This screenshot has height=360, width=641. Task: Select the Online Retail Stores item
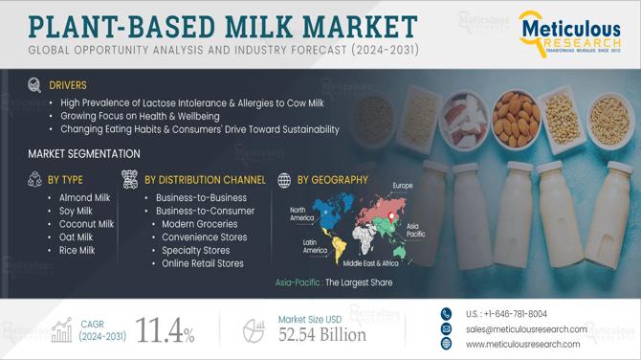pyautogui.click(x=203, y=263)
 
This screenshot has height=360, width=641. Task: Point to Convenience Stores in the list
pyautogui.click(x=205, y=237)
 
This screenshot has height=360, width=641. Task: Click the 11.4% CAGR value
pyautogui.click(x=166, y=331)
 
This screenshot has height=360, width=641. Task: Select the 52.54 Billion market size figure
pyautogui.click(x=321, y=335)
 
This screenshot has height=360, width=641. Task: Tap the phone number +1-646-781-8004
pyautogui.click(x=506, y=313)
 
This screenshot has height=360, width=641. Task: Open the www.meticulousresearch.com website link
pyautogui.click(x=522, y=344)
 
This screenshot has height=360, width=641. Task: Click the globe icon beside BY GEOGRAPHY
pyautogui.click(x=284, y=179)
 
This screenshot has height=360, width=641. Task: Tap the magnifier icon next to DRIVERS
pyautogui.click(x=35, y=84)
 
